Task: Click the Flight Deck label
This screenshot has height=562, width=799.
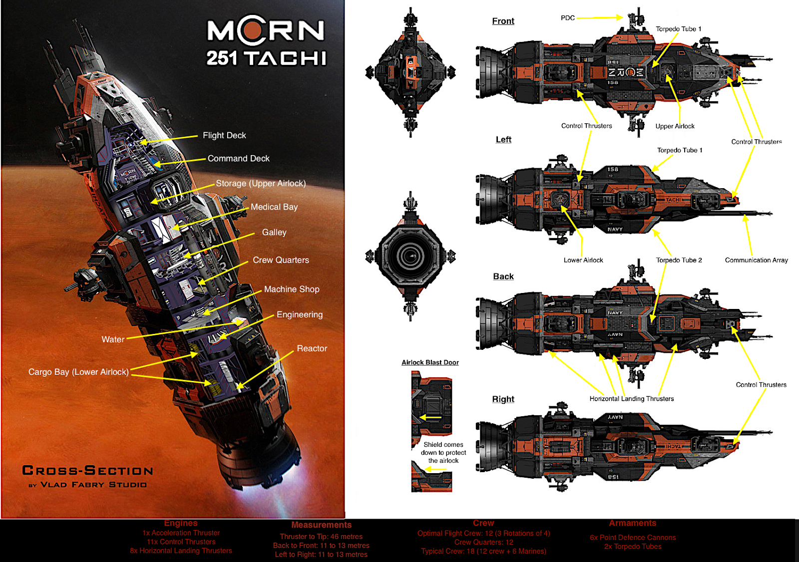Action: coord(224,135)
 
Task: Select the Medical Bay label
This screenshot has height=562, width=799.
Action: coord(274,207)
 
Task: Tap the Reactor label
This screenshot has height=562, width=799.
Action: coord(312,348)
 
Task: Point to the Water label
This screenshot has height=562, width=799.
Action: coord(113,339)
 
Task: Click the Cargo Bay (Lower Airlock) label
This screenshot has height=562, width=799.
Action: coord(78,372)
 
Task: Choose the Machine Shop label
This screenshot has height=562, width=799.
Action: coord(292,289)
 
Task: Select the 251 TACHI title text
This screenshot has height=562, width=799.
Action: coord(267,58)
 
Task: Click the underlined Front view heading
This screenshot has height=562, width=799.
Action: coord(503,21)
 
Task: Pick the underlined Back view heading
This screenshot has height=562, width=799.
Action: coord(503,277)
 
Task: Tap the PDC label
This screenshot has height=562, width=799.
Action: coord(568,18)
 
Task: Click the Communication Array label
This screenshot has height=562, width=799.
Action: coord(756,260)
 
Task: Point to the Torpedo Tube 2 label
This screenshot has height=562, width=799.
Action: coord(679,260)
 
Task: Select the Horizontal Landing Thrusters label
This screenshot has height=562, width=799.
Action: coord(632,399)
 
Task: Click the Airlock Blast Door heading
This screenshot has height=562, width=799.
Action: coord(430,362)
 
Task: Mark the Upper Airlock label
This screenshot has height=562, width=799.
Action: coord(675,126)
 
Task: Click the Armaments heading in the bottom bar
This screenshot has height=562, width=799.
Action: coord(633,523)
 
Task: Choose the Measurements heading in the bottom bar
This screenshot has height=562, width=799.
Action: coord(322,525)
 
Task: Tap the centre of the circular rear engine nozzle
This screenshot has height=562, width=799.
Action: coord(410,256)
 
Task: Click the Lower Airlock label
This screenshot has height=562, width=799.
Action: coord(583,260)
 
